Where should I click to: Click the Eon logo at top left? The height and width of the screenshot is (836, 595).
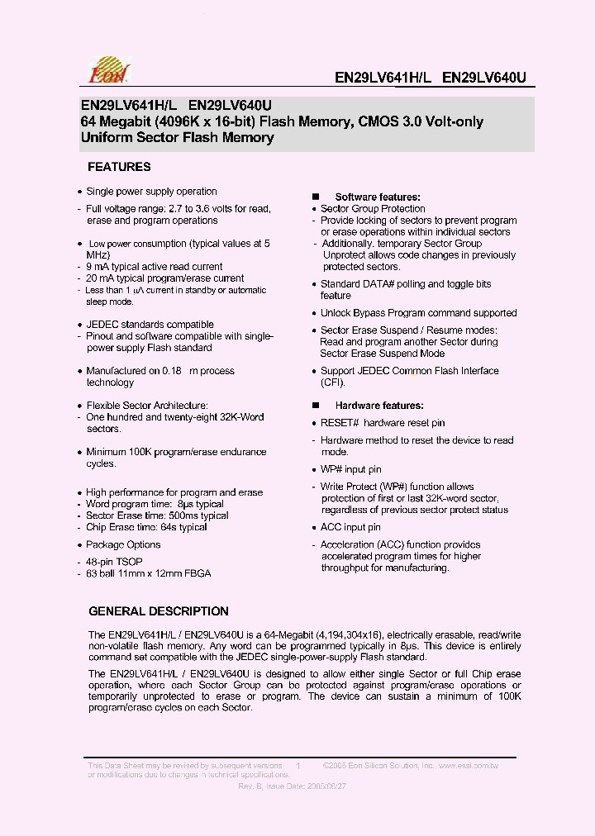(105, 69)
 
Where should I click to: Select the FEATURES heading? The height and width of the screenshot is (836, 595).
(119, 167)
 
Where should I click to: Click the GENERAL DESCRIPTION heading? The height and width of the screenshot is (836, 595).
(159, 611)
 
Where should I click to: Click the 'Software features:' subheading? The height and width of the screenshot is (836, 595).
(378, 197)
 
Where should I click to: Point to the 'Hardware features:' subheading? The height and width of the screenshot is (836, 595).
(379, 406)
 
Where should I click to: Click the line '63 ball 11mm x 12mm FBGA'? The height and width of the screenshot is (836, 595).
(149, 573)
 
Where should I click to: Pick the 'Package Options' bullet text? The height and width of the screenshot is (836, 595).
(123, 544)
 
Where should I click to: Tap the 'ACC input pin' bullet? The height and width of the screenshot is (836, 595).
(350, 527)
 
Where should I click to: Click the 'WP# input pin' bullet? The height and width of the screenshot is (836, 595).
(350, 469)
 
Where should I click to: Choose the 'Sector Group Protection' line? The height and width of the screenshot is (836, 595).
(373, 209)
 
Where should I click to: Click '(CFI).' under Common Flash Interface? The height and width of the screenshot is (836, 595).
(333, 382)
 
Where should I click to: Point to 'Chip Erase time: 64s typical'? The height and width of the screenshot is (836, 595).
(146, 527)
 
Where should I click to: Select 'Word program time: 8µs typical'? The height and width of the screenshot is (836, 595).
(155, 504)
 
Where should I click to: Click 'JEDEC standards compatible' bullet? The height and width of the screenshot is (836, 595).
(150, 325)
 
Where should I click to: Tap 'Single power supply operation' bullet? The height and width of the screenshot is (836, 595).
(151, 192)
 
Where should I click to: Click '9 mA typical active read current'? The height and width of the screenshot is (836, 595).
(155, 267)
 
